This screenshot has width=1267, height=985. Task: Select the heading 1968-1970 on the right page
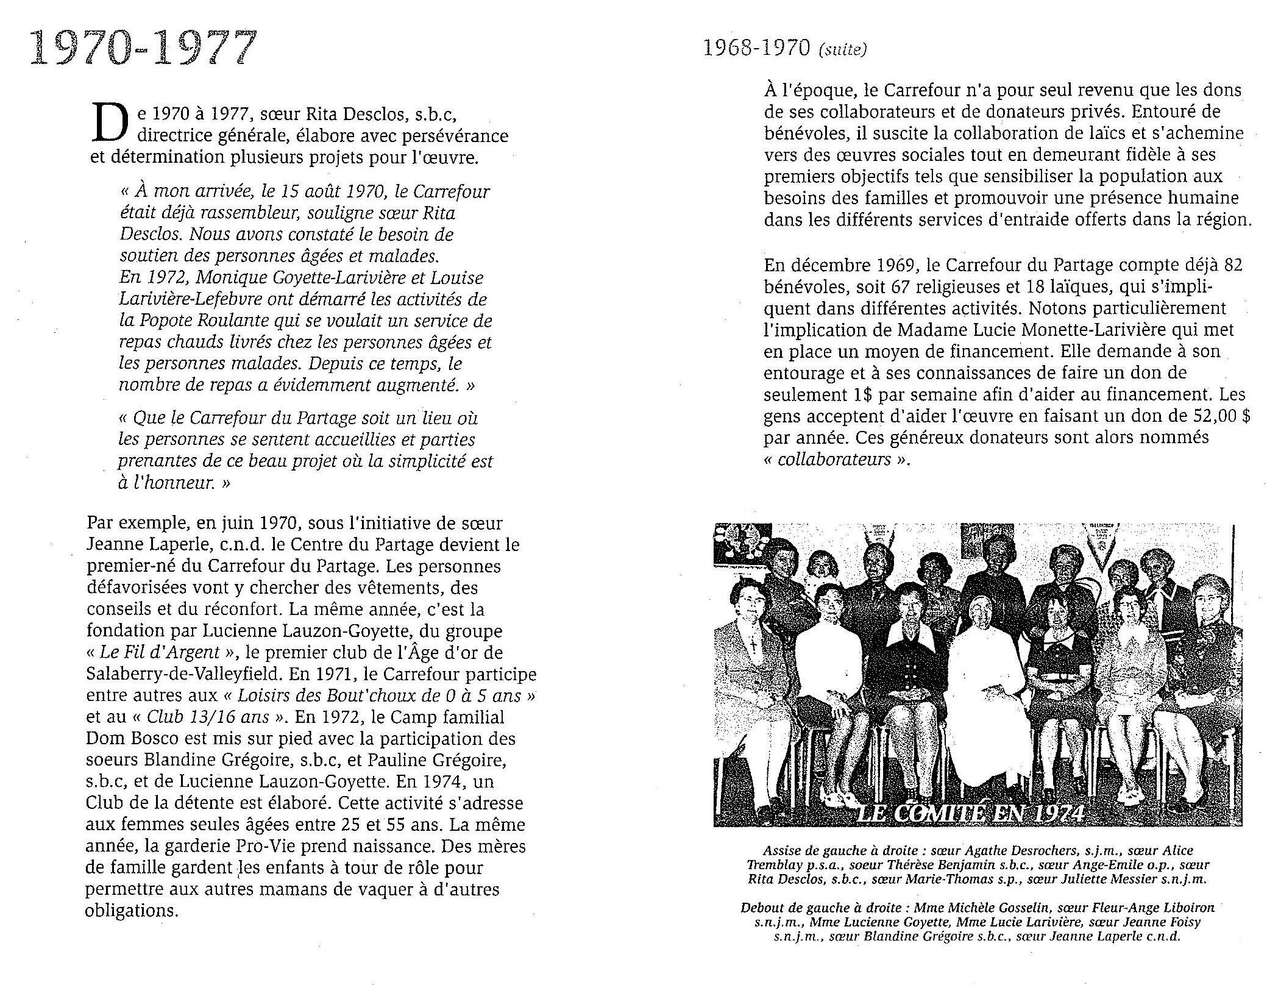[756, 48]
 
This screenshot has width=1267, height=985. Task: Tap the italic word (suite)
[842, 50]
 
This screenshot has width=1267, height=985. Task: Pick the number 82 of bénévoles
[1232, 265]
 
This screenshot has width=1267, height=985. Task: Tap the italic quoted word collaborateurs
[834, 459]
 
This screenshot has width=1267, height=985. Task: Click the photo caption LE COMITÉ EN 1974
[970, 813]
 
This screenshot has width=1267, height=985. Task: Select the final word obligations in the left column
[131, 911]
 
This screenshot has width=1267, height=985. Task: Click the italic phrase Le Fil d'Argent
[160, 652]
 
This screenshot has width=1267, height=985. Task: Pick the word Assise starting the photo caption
[780, 850]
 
